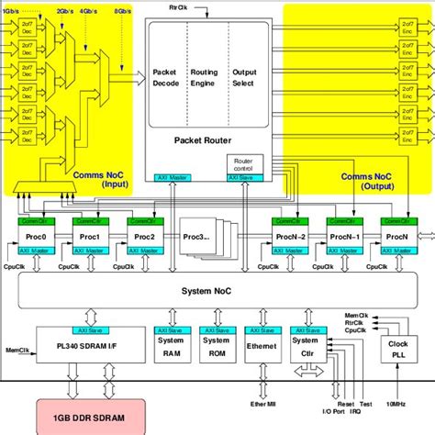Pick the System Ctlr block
pos(304,346)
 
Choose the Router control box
pos(243,163)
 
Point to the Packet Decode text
pos(165,78)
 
